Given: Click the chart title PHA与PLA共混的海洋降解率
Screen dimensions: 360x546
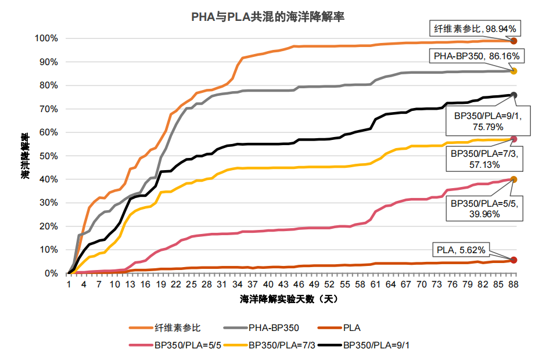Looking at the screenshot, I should [x=272, y=16].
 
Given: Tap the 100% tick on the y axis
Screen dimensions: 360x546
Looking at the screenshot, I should [x=46, y=38].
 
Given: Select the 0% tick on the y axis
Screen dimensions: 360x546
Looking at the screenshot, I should [x=51, y=273].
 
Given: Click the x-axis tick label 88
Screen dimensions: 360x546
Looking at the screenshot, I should [x=513, y=285].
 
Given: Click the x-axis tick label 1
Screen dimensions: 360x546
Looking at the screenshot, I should [x=69, y=285].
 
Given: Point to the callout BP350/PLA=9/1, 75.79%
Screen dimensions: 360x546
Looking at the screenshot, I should [x=487, y=120].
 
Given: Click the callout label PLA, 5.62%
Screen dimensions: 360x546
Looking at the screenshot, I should [x=464, y=250].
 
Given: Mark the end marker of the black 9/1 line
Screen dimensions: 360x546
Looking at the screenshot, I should [x=513, y=95].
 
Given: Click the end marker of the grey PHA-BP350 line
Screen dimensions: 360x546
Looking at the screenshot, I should [x=513, y=71].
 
